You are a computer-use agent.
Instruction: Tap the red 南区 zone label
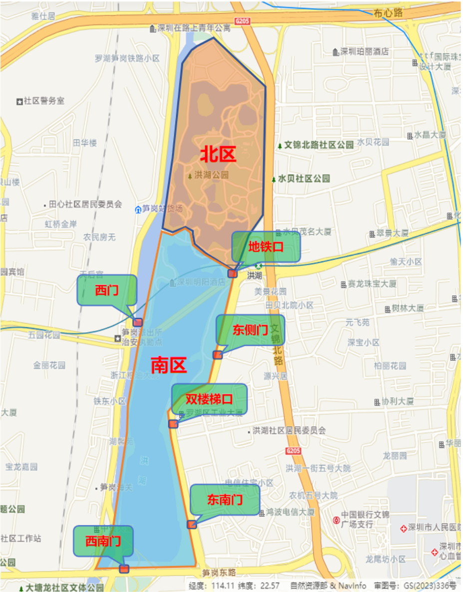(169, 366)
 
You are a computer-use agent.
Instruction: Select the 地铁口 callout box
(266, 246)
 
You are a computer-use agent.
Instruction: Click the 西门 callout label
(106, 290)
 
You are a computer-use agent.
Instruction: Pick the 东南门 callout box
(225, 499)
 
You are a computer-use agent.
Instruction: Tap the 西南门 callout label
(103, 541)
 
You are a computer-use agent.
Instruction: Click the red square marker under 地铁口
(232, 273)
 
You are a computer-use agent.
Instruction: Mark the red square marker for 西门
(138, 322)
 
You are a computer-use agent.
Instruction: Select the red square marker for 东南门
(191, 524)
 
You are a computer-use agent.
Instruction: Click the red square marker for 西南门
(124, 569)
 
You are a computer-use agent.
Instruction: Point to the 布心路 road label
(388, 13)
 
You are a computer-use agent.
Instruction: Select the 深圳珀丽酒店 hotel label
(364, 52)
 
